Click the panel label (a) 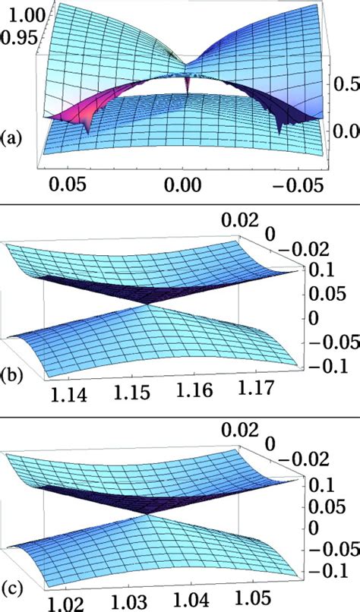14,138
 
